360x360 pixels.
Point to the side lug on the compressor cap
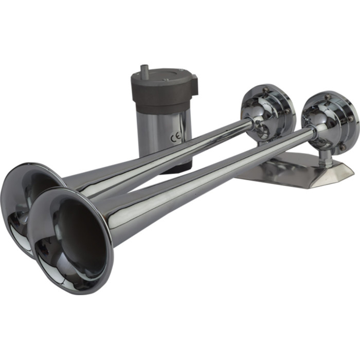coord(193,82)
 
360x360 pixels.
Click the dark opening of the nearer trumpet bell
coord(77,237)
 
